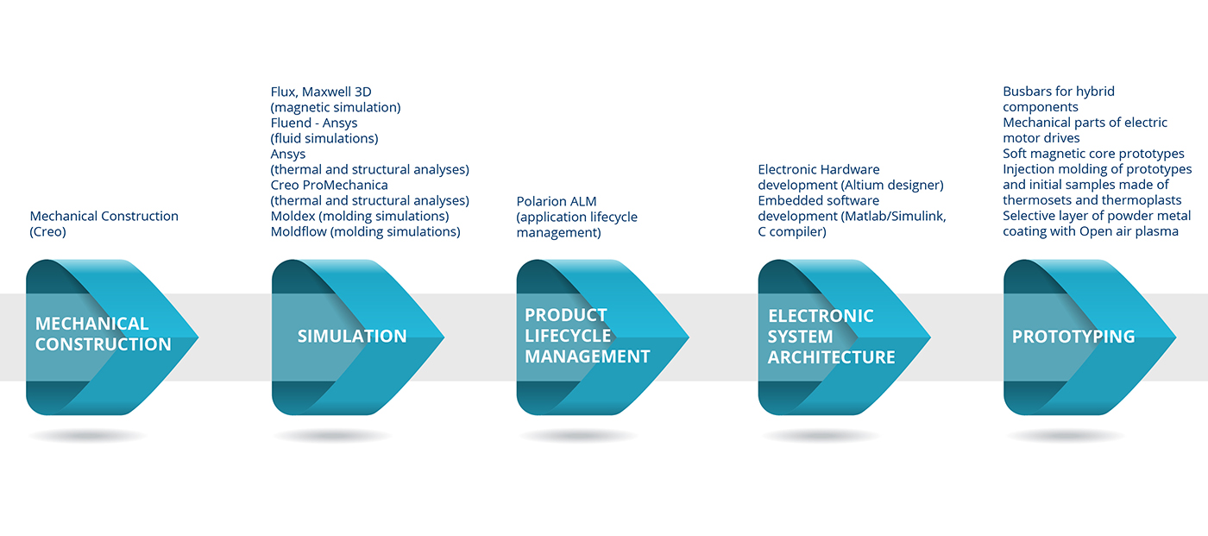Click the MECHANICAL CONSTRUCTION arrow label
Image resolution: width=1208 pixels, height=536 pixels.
coord(103,334)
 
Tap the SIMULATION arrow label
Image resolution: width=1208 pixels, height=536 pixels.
coord(352,337)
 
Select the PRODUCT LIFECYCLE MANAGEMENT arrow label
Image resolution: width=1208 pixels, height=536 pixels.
coord(588,336)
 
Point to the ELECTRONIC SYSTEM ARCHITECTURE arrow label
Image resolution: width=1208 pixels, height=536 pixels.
coord(831,337)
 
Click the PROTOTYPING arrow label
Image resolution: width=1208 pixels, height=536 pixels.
coord(1073,337)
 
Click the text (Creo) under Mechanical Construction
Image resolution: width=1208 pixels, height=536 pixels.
coord(48,232)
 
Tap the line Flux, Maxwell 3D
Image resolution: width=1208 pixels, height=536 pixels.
coord(321,91)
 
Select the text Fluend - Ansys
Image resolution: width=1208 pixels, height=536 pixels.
coord(314,123)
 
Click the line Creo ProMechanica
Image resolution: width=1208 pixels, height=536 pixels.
coord(329,185)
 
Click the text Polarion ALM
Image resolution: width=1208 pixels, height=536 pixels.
coord(557,202)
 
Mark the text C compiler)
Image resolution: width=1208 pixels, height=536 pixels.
coord(792,232)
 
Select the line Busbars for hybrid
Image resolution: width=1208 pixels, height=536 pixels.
coord(1059,91)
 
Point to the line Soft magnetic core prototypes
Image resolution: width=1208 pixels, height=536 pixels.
coord(1094,154)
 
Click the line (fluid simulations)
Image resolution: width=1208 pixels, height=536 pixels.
coord(324,139)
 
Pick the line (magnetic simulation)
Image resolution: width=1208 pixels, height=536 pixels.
coord(336,107)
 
